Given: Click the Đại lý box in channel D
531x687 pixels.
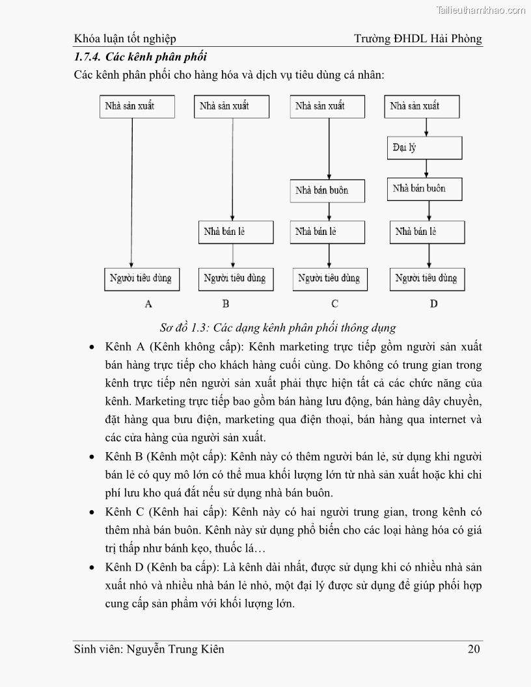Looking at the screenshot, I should [424, 148].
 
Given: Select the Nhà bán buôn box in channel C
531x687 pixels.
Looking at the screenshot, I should [328, 191].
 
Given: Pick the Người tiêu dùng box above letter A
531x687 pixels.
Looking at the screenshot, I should [139, 278].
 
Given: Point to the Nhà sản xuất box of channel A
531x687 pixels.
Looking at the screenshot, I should [138, 106].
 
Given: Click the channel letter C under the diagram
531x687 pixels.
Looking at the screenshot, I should [334, 303].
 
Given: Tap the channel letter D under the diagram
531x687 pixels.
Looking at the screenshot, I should [433, 303].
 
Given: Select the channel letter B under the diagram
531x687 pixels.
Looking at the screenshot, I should [226, 303].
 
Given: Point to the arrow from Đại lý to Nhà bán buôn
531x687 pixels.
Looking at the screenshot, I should [426, 168].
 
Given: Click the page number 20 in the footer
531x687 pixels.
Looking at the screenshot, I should [474, 649].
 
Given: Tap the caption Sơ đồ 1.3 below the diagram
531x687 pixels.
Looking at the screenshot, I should [278, 327].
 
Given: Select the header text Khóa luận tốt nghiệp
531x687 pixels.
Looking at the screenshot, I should [125, 38].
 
